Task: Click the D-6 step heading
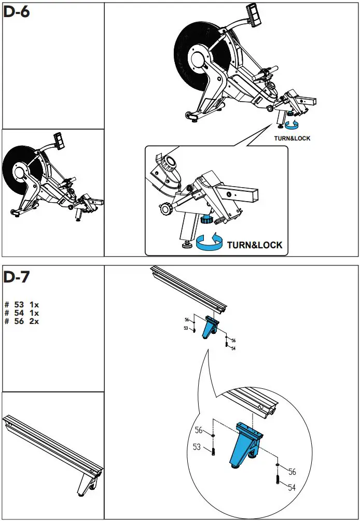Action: point(17,12)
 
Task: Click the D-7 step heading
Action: point(17,277)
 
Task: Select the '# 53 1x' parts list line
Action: point(22,305)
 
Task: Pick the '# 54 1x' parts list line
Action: point(22,313)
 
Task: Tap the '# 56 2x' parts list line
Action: point(22,321)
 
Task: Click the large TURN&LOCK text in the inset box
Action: point(255,245)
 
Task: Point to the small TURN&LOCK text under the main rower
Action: point(292,138)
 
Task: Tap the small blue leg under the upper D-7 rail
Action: point(211,328)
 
